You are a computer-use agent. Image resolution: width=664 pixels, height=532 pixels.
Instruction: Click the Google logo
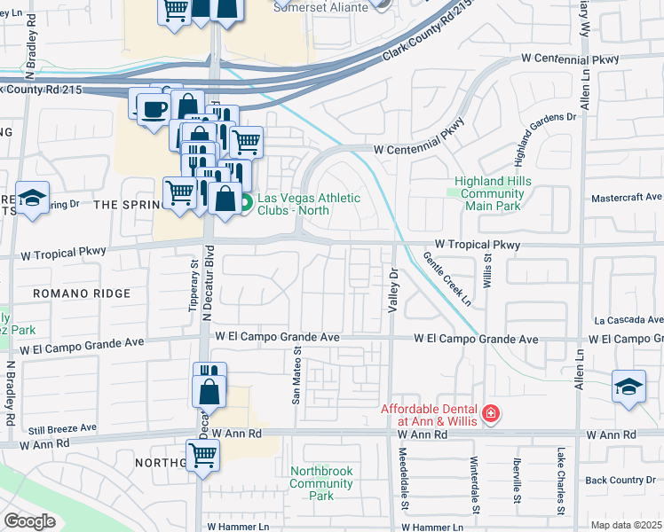[x=29, y=520]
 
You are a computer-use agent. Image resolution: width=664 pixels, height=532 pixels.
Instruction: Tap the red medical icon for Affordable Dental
[x=489, y=413]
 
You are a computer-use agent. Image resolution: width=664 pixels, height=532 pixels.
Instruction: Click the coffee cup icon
[x=152, y=107]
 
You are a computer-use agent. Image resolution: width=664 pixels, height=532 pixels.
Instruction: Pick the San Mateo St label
[x=297, y=375]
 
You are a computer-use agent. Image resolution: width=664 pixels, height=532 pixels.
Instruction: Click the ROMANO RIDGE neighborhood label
[x=81, y=293]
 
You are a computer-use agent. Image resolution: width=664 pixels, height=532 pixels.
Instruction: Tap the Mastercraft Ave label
[x=627, y=197]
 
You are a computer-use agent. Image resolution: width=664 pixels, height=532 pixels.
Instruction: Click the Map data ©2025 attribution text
[x=626, y=525]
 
